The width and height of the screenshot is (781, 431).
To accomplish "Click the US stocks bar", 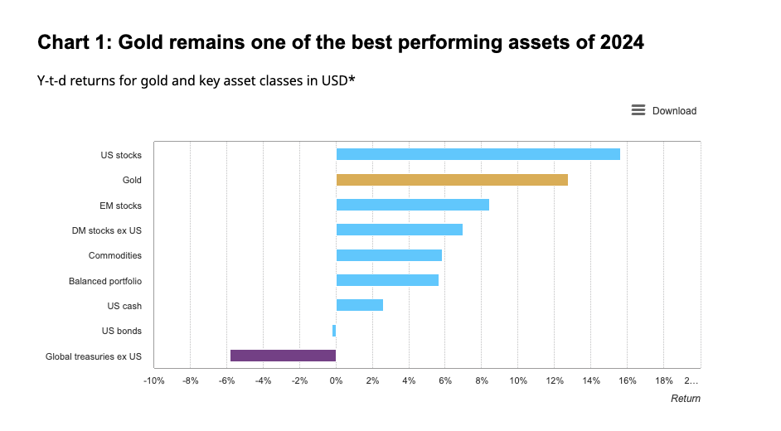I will [478, 154].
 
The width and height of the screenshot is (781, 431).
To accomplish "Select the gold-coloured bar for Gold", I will [452, 180].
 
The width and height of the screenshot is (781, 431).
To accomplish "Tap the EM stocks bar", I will [412, 205].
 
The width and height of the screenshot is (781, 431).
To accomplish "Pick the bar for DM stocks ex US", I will [399, 230].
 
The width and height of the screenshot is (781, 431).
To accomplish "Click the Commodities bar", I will [389, 255].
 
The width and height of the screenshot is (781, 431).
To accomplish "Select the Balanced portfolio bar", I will [387, 280].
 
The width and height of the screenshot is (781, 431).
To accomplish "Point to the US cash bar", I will [359, 305].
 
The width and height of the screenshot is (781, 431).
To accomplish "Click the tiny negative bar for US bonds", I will [334, 331].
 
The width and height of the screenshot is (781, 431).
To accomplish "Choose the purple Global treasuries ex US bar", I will [283, 356].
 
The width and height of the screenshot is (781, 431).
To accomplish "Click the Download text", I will [674, 111].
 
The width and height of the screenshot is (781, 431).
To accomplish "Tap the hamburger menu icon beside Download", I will [638, 110].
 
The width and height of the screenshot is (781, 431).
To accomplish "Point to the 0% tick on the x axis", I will [336, 381].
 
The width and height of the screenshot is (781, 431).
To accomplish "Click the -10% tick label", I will [154, 381].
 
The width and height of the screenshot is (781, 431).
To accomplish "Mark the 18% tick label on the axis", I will [664, 381].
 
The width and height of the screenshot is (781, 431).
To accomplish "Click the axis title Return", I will [685, 399].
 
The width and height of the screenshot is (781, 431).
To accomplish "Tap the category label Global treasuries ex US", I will [94, 356].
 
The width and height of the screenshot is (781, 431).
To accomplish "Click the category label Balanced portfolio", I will [104, 281].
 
